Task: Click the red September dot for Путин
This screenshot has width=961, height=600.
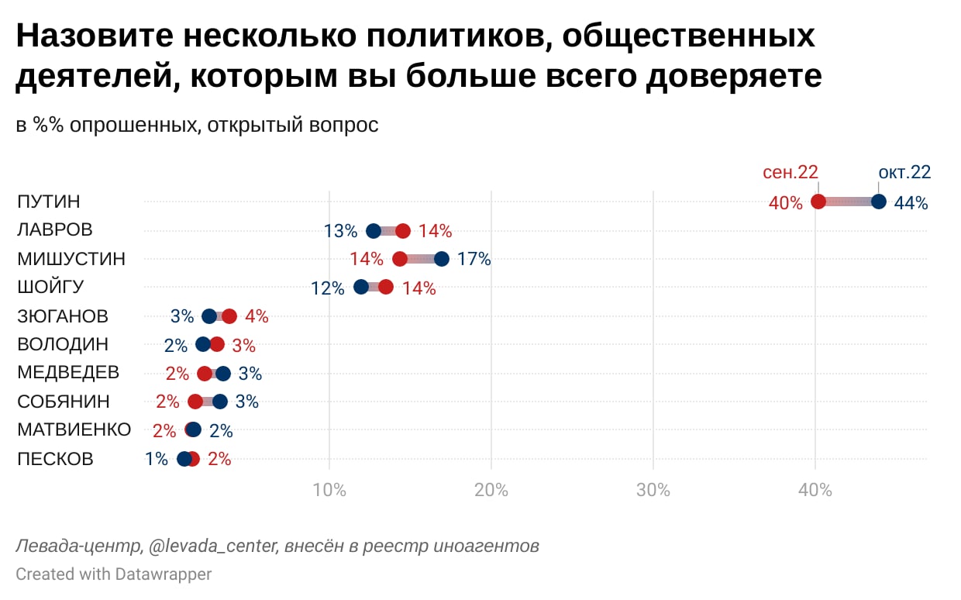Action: click(818, 202)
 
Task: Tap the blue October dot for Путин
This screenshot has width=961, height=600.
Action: click(878, 202)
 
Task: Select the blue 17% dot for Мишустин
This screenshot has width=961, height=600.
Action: click(441, 259)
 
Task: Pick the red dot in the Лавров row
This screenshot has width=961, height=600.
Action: click(403, 230)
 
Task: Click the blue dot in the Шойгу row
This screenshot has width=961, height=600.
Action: click(361, 287)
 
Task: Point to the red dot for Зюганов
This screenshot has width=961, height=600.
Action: click(229, 316)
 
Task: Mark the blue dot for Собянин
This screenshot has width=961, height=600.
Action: click(220, 402)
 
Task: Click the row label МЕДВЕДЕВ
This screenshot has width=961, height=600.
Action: click(68, 373)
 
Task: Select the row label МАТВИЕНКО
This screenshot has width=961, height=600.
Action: click(74, 430)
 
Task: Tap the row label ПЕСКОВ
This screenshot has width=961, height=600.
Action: click(55, 459)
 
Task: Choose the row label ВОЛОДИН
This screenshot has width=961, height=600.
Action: click(63, 344)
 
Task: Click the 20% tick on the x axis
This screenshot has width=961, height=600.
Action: click(491, 490)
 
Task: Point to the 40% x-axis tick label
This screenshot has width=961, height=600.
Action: click(815, 490)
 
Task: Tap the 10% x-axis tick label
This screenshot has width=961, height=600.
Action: click(329, 490)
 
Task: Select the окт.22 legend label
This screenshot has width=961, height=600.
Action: click(904, 172)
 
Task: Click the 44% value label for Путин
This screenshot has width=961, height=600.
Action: click(911, 203)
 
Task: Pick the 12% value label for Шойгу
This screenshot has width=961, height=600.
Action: click(327, 288)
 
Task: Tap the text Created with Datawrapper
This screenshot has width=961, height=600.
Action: click(113, 574)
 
